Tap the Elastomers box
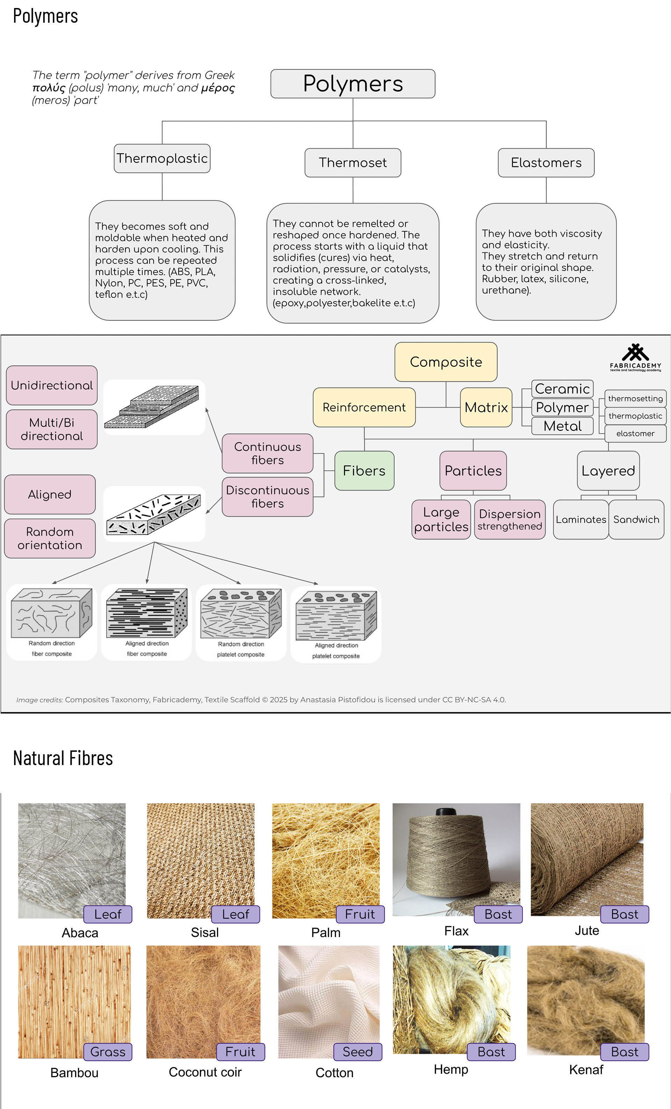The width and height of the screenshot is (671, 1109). (x=546, y=163)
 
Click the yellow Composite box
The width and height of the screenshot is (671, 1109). (x=446, y=362)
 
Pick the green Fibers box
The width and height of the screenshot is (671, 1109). (x=364, y=471)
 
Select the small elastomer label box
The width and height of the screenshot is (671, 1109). (x=635, y=433)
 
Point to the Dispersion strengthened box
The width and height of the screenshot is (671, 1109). (x=510, y=519)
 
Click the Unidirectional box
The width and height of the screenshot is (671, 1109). (x=52, y=385)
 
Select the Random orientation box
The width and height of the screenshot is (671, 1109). (x=50, y=538)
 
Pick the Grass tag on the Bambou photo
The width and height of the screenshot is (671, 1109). (x=108, y=1052)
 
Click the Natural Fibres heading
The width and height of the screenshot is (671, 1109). (x=63, y=758)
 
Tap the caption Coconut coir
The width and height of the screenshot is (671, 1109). (x=205, y=1072)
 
